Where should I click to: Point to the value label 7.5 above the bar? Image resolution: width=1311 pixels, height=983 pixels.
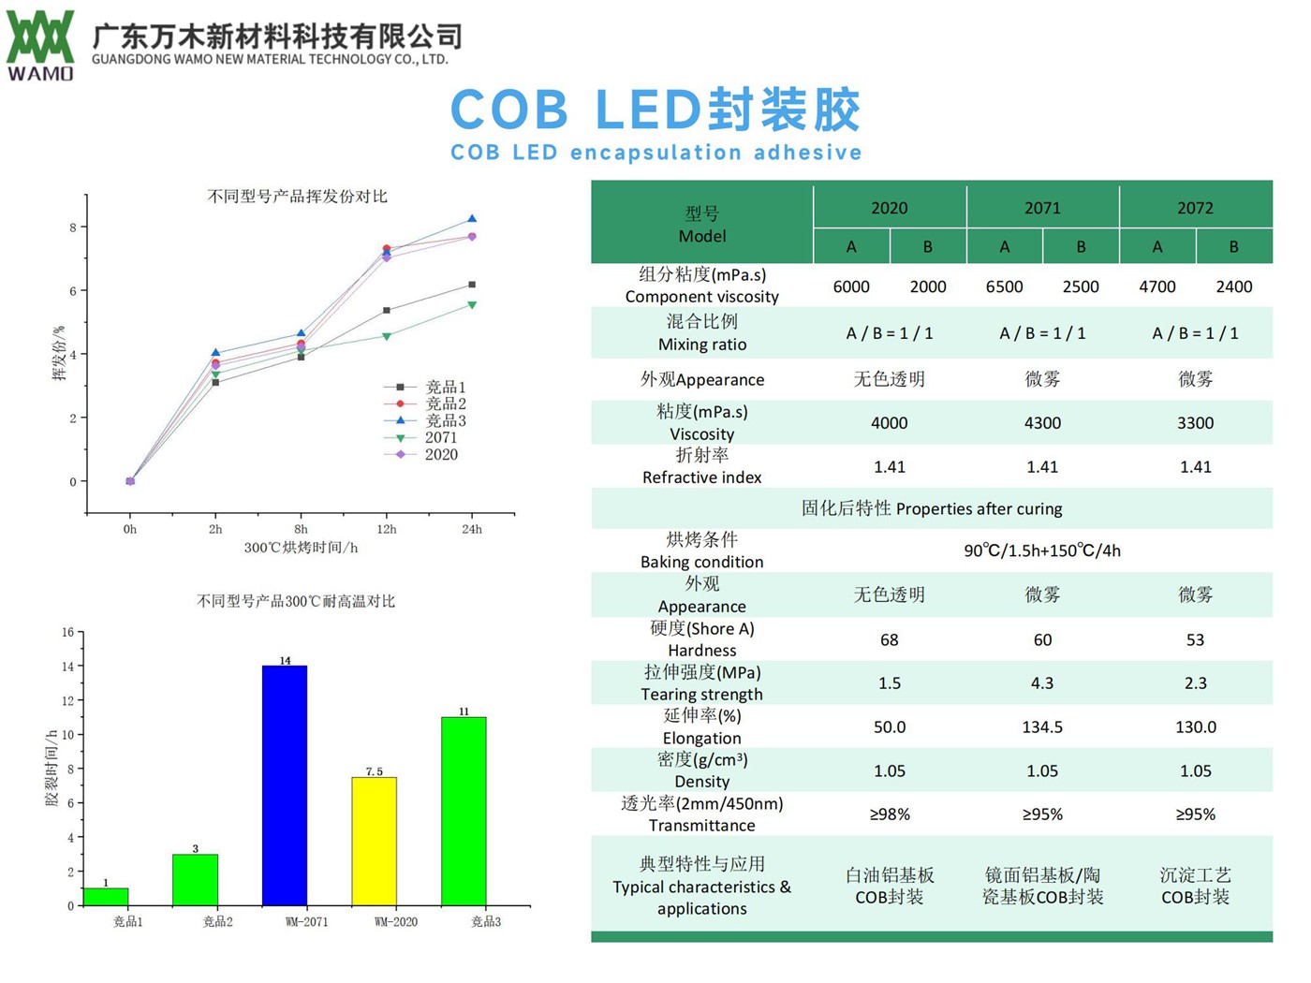pos(374,771)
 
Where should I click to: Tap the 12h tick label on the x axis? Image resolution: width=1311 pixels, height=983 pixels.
pos(386,529)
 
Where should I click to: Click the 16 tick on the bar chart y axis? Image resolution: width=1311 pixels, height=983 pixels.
pos(67,632)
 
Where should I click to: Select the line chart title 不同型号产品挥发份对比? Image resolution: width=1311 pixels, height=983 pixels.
pos(297,197)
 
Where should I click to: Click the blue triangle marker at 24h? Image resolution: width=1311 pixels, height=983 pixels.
pos(472,219)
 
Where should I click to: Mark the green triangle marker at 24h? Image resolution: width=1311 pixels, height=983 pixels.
pos(472,305)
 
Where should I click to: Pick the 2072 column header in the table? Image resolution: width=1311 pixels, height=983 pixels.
pos(1195,208)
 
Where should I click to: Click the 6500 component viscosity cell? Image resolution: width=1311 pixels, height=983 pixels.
pos(1004,286)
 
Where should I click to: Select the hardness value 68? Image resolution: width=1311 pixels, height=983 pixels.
pos(889,639)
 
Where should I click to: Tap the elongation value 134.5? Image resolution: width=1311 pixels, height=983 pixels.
pos(1042,727)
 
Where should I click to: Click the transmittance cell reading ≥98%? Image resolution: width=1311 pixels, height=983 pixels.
pos(889,814)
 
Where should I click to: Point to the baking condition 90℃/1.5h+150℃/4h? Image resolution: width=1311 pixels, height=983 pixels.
pos(1042,550)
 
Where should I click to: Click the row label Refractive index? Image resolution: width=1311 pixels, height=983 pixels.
pos(701,477)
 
